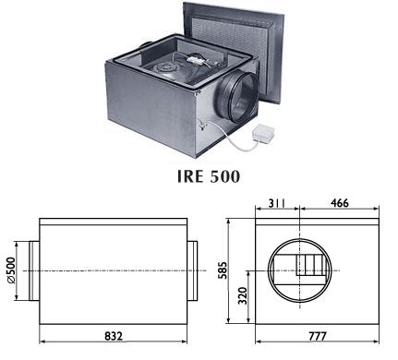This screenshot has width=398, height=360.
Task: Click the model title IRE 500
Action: click(209, 176)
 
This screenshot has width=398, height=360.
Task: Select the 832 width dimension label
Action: click(114, 336)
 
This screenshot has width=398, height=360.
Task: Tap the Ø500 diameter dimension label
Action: click(11, 270)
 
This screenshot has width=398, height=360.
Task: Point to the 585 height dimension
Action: click(223, 270)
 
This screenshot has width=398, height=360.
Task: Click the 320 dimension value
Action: click(243, 295)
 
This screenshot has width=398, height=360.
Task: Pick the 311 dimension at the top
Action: click(277, 203)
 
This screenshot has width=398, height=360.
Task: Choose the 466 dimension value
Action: click(340, 203)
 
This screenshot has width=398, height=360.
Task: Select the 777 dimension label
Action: click(317, 336)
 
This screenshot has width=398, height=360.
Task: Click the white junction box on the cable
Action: click(263, 134)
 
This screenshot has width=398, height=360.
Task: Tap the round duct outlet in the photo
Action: click(237, 96)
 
